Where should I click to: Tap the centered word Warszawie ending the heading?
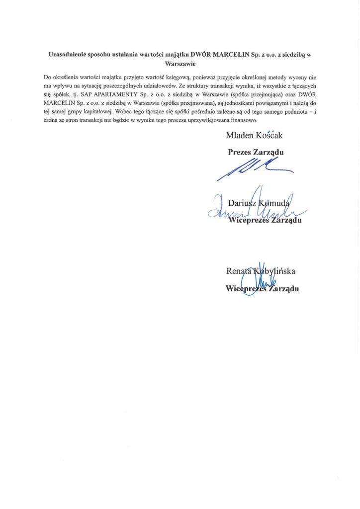click(180, 64)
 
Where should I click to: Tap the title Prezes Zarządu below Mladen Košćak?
click(255, 152)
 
